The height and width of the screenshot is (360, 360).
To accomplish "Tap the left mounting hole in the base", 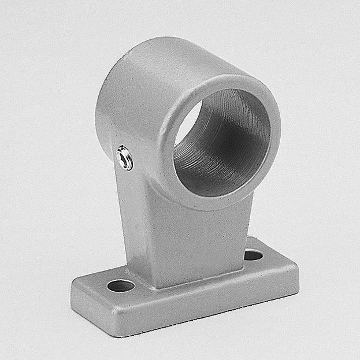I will (x=121, y=285).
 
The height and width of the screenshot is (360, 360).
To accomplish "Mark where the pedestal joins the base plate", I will (x=191, y=283).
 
